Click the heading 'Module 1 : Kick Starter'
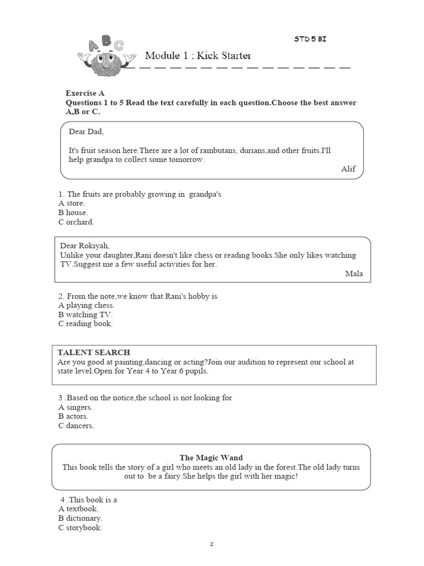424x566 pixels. click(198, 55)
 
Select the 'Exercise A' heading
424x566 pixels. click(85, 93)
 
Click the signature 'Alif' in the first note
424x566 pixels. click(348, 169)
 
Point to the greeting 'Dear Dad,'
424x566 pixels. click(86, 132)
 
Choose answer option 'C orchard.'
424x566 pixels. click(76, 222)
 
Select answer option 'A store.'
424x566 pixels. click(72, 203)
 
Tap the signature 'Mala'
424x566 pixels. click(354, 274)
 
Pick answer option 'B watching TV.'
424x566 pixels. click(86, 315)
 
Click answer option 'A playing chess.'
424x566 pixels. click(87, 305)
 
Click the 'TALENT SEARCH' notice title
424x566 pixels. click(94, 352)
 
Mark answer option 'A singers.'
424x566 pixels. click(75, 407)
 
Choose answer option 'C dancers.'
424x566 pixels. click(76, 426)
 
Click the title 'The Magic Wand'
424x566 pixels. click(211, 458)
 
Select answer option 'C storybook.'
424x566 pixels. click(80, 528)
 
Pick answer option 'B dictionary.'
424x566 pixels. click(81, 518)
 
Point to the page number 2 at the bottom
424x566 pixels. click(211, 544)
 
